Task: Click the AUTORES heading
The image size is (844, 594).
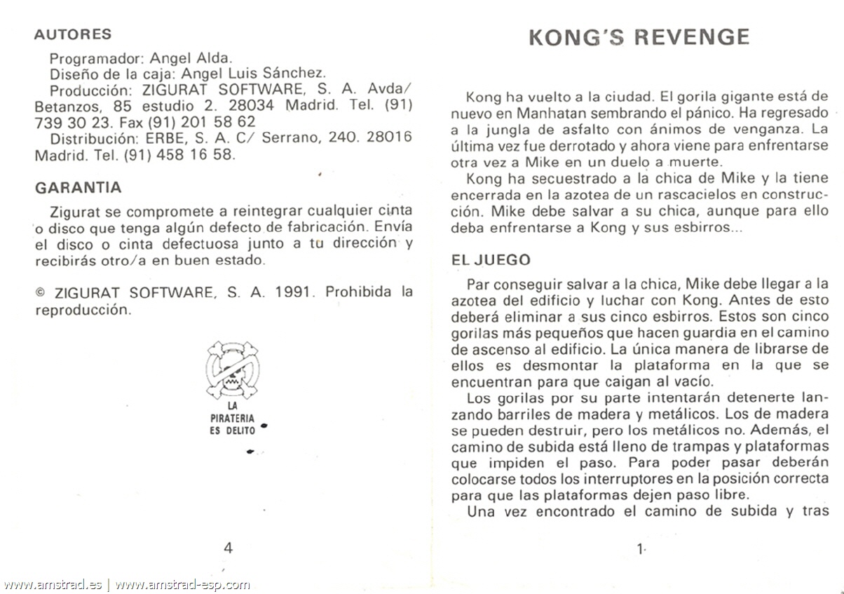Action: pos(73,34)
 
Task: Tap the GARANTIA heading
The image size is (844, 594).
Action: pos(78,188)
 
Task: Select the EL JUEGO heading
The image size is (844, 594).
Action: pos(491,260)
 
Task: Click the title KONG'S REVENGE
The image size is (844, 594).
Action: pos(639,37)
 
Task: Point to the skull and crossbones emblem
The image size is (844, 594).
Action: pos(232,370)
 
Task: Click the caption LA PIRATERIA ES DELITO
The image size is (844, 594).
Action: pos(232,417)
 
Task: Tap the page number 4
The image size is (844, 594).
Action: pos(228,548)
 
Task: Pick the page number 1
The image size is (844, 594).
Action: pos(640,550)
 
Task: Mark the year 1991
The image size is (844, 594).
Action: pos(294,292)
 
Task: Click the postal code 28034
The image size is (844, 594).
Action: pos(252,107)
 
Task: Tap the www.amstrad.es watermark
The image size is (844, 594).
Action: pos(52,584)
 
